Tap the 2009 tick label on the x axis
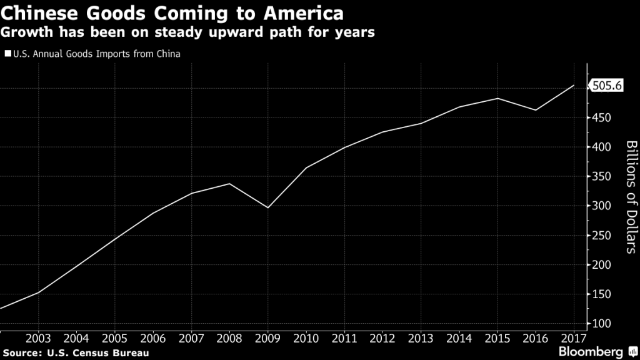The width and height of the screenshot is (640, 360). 268,338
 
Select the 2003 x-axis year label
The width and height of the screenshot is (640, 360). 39,338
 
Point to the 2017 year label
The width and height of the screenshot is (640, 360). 573,338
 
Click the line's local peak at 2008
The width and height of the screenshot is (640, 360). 230,183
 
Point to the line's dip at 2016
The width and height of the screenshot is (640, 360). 535,110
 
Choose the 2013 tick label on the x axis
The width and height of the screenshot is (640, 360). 421,338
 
